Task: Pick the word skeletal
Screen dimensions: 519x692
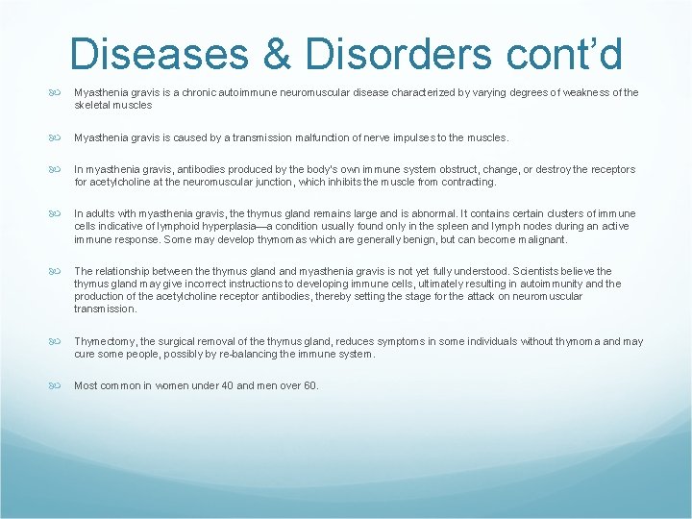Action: [x=93, y=105]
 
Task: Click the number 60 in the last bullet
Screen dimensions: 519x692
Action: [x=307, y=385]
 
